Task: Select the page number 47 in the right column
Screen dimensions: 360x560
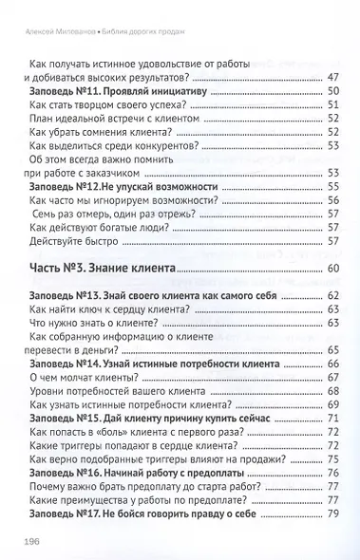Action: [332, 78]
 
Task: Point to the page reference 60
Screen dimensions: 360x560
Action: [332, 271]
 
